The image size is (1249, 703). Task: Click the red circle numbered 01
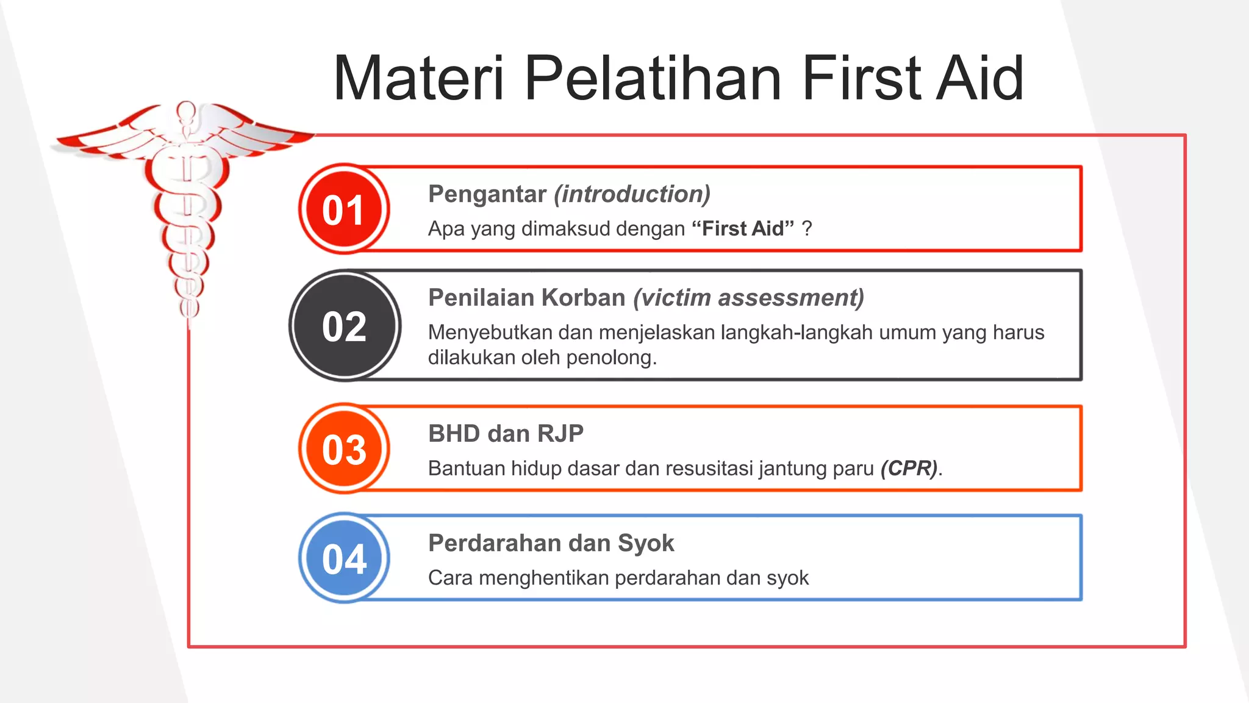[x=344, y=209]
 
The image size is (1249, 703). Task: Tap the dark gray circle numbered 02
[x=345, y=326]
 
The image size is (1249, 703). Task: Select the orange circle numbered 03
[x=344, y=449]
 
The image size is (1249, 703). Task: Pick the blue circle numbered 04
[x=344, y=558]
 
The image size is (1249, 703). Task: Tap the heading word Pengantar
[x=487, y=194]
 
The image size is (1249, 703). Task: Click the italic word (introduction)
[x=632, y=194]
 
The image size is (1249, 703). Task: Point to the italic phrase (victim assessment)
[x=748, y=298]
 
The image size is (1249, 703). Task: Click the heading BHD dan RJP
[x=506, y=434]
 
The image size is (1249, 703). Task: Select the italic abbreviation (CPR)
[x=909, y=468]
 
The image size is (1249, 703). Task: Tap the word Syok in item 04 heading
[x=646, y=543]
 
